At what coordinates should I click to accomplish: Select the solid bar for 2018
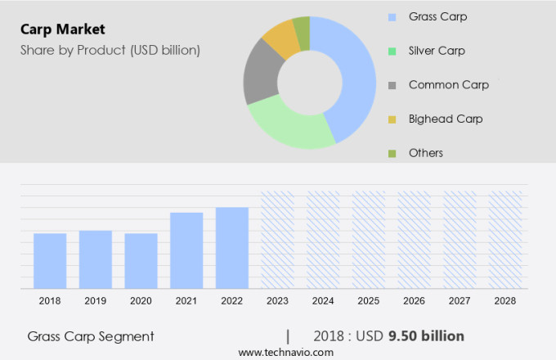[x=50, y=261]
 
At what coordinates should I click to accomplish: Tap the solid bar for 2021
[x=186, y=250]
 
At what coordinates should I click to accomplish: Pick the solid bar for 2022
[x=232, y=248]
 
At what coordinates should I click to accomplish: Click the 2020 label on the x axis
[x=141, y=301]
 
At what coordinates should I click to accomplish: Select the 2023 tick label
[x=277, y=301]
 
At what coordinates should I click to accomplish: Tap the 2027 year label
[x=460, y=301]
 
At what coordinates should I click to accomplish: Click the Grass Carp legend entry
[x=437, y=16]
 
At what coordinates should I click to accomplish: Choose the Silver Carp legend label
[x=437, y=51]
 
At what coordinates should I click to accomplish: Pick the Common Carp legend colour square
[x=392, y=85]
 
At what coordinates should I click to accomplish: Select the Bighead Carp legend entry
[x=446, y=119]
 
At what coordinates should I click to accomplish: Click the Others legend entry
[x=426, y=153]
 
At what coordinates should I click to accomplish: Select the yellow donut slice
[x=280, y=39]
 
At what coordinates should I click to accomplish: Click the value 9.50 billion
[x=426, y=335]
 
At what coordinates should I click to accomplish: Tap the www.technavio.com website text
[x=286, y=352]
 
